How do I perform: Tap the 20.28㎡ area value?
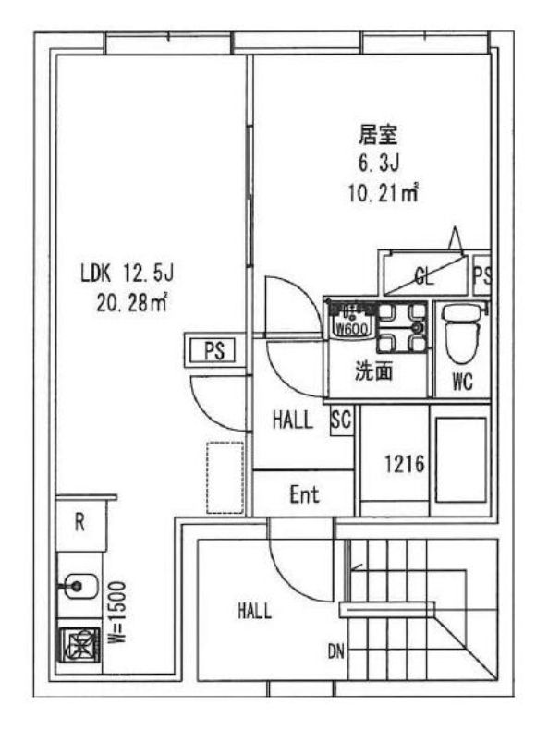click(x=129, y=302)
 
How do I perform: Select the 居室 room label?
click(x=378, y=135)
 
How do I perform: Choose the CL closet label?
click(x=424, y=274)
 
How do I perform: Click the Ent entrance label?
click(x=304, y=494)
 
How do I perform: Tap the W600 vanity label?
click(x=349, y=326)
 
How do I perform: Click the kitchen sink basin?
click(x=80, y=586)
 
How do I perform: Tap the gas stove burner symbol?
click(x=80, y=642)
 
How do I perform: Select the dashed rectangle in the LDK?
click(x=224, y=476)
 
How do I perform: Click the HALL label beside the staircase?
click(x=253, y=610)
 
